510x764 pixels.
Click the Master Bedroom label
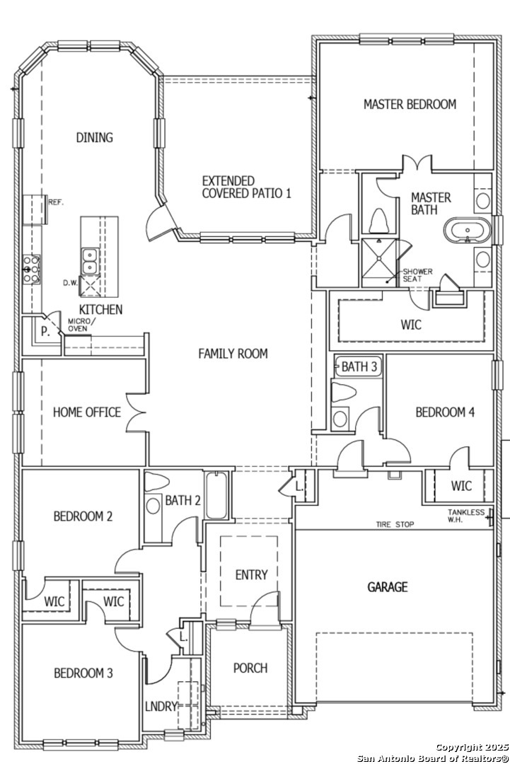410,104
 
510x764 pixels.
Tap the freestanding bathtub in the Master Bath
468,231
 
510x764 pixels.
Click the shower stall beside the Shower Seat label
380,263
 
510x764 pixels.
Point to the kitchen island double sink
90,261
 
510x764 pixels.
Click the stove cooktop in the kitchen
32,269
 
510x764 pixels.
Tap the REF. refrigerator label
56,202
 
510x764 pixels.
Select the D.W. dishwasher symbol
90,286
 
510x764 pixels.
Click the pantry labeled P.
45,332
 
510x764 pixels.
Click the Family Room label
233,353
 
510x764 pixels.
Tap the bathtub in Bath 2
216,495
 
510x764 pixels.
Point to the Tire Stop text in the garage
395,524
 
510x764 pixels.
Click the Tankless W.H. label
466,516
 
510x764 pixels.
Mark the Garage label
387,586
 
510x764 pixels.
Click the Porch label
250,668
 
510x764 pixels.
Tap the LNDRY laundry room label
161,705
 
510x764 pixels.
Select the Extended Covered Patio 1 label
246,187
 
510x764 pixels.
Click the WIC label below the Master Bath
411,325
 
